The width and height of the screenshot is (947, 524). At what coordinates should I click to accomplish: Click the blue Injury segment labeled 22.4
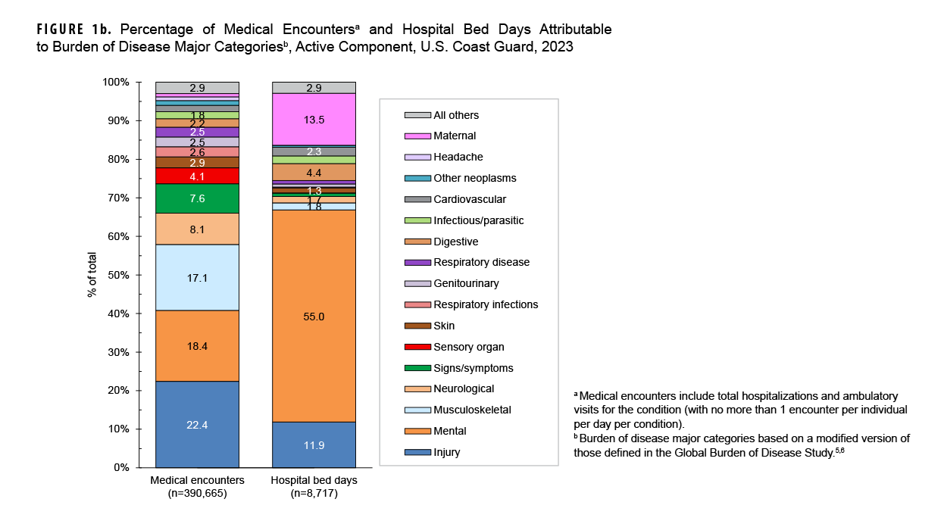pyautogui.click(x=197, y=424)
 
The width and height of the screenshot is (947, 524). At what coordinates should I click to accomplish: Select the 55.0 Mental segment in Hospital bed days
pyautogui.click(x=314, y=317)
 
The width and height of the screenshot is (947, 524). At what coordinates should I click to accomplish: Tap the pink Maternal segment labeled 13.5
pyautogui.click(x=314, y=119)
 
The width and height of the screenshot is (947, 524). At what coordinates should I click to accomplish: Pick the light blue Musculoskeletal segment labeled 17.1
pyautogui.click(x=197, y=277)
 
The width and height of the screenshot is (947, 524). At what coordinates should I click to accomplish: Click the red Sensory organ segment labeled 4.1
pyautogui.click(x=197, y=176)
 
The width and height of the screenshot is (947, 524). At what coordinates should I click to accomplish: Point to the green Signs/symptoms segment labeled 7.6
pyautogui.click(x=197, y=198)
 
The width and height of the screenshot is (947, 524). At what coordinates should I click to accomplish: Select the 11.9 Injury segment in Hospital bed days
pyautogui.click(x=314, y=444)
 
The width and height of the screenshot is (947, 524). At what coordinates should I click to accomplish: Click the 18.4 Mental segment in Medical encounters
pyautogui.click(x=197, y=345)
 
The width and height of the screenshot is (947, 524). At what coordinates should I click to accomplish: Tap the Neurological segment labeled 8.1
pyautogui.click(x=197, y=229)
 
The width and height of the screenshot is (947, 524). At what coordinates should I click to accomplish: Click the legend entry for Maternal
pyautogui.click(x=455, y=136)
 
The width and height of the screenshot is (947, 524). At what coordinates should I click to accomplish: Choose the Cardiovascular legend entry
pyautogui.click(x=469, y=199)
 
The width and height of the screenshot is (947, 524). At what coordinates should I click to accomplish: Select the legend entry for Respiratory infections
pyautogui.click(x=485, y=304)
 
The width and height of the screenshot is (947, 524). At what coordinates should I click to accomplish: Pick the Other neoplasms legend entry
pyautogui.click(x=474, y=178)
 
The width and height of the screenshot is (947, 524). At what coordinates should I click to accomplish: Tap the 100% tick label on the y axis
pyautogui.click(x=117, y=82)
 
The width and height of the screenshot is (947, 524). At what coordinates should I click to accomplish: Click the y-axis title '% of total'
pyautogui.click(x=92, y=275)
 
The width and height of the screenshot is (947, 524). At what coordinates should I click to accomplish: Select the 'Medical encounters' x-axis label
pyautogui.click(x=197, y=480)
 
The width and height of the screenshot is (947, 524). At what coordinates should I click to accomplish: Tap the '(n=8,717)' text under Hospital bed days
pyautogui.click(x=314, y=494)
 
